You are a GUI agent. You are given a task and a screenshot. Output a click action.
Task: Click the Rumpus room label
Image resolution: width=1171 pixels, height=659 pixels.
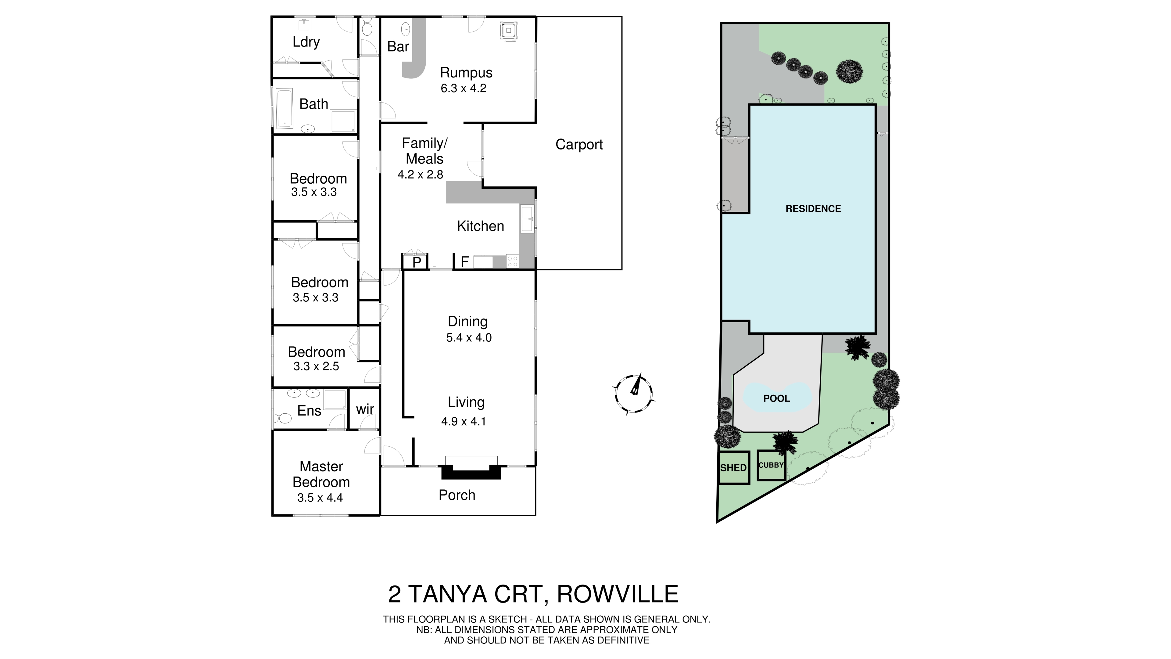466,73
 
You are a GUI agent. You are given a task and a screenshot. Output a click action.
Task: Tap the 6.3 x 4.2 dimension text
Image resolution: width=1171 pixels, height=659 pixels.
463,88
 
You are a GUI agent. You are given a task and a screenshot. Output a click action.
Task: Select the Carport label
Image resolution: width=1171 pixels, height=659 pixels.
579,145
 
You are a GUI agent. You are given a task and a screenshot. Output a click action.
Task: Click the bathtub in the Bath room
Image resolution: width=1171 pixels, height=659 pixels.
285,108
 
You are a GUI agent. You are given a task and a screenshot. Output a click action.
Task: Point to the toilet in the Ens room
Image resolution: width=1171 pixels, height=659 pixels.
283,418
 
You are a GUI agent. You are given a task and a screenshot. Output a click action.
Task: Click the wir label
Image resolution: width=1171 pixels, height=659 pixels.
365,409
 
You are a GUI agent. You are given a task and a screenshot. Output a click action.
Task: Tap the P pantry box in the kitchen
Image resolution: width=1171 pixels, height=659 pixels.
416,262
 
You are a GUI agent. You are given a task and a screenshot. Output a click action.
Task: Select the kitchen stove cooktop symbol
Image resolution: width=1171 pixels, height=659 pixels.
512,261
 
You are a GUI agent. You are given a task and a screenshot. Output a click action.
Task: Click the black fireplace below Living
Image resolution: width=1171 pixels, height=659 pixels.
471,473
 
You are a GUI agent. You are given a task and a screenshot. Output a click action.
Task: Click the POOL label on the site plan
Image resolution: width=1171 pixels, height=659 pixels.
776,398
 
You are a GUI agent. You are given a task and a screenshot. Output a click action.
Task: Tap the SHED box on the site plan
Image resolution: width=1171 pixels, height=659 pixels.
733,467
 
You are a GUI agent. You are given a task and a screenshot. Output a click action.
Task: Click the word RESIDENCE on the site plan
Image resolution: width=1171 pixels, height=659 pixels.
813,209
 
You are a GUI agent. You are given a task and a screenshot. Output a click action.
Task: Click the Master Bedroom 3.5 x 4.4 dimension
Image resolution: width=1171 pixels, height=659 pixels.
320,498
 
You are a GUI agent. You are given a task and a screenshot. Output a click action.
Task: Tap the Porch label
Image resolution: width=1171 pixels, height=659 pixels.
457,495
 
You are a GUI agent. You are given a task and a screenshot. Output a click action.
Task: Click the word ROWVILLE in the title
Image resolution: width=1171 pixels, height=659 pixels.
617,594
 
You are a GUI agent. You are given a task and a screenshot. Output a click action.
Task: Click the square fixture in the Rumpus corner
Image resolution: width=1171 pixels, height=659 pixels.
508,31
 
